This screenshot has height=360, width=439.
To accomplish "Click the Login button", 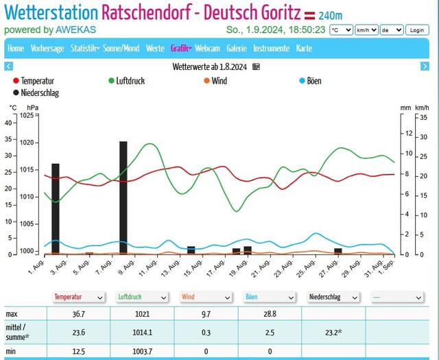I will [416, 30].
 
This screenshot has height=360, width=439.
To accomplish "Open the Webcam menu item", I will [207, 49].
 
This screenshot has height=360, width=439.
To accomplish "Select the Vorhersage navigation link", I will [47, 49].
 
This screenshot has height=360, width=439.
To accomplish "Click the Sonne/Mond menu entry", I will [123, 49].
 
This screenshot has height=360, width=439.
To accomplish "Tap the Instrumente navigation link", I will [271, 49].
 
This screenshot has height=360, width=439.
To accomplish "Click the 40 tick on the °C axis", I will [9, 123].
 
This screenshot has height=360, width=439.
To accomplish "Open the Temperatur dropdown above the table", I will [79, 298].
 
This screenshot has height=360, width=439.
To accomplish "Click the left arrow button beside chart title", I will [9, 67].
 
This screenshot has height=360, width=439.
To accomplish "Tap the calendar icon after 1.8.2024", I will [257, 67].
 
